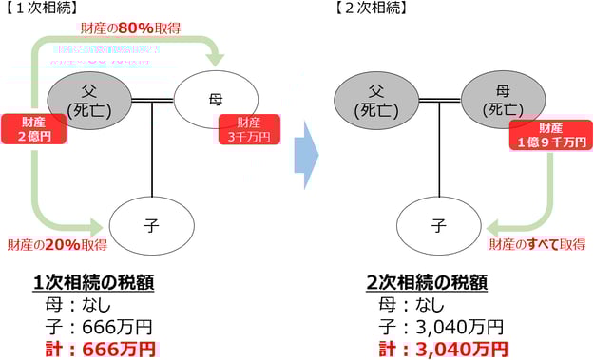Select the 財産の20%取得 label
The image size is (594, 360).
tap(57, 245)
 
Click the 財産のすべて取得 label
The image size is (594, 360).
tap(537, 245)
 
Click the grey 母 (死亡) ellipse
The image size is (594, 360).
tap(501, 98)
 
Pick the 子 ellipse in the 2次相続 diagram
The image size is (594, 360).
tap(438, 225)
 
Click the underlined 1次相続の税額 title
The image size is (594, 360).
tap(94, 283)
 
